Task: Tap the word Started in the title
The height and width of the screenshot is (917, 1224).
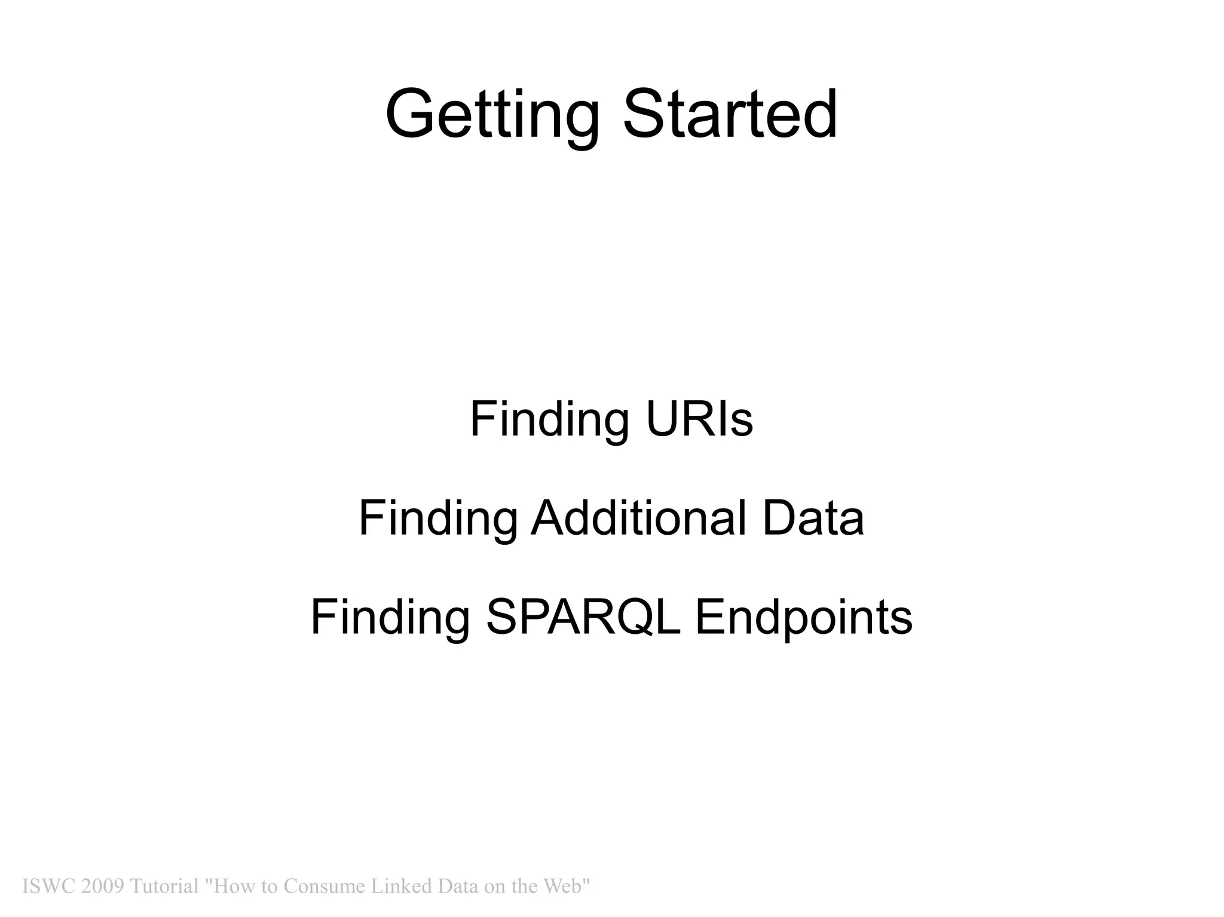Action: pyautogui.click(x=730, y=115)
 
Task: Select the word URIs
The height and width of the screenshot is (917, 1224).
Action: pyautogui.click(x=699, y=419)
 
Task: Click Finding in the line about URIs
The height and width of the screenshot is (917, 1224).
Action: pyautogui.click(x=549, y=419)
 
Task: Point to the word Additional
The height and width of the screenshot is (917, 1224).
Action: pyautogui.click(x=638, y=518)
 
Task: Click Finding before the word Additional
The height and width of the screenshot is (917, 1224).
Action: pyautogui.click(x=437, y=518)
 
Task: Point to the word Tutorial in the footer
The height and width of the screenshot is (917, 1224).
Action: pyautogui.click(x=164, y=887)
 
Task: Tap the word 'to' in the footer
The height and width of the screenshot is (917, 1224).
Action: pyautogui.click(x=268, y=887)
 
